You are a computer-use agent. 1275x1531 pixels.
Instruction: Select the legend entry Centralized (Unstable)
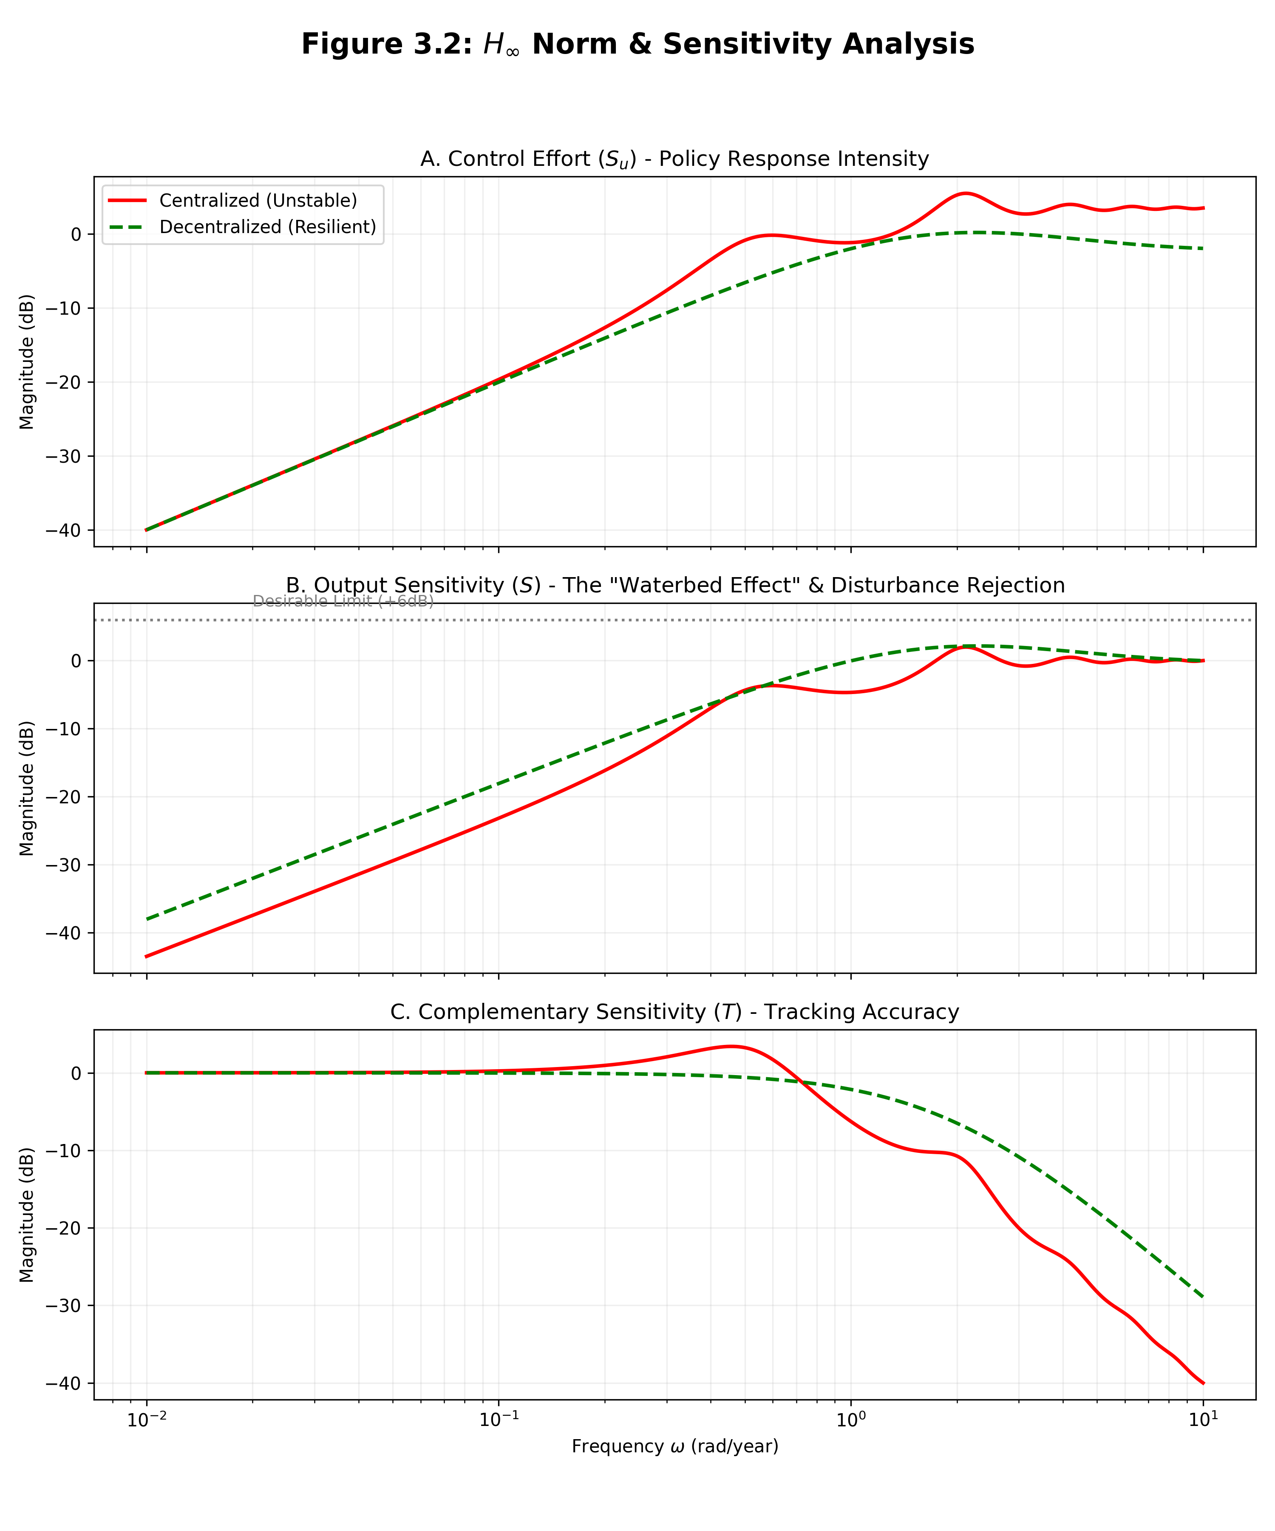pyautogui.click(x=258, y=200)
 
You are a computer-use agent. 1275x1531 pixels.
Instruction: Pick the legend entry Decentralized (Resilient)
pyautogui.click(x=267, y=227)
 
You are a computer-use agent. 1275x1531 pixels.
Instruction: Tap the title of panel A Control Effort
pyautogui.click(x=674, y=159)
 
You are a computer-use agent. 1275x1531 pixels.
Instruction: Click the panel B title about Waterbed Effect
pyautogui.click(x=674, y=586)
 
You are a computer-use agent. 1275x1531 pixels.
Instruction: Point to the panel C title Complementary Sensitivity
pyautogui.click(x=674, y=1012)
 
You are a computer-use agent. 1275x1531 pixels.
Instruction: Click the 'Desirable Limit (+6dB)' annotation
pyautogui.click(x=343, y=601)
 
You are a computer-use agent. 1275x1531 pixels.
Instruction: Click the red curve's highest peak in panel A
pyautogui.click(x=965, y=193)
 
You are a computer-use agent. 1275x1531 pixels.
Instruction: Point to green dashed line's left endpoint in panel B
pyautogui.click(x=147, y=919)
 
